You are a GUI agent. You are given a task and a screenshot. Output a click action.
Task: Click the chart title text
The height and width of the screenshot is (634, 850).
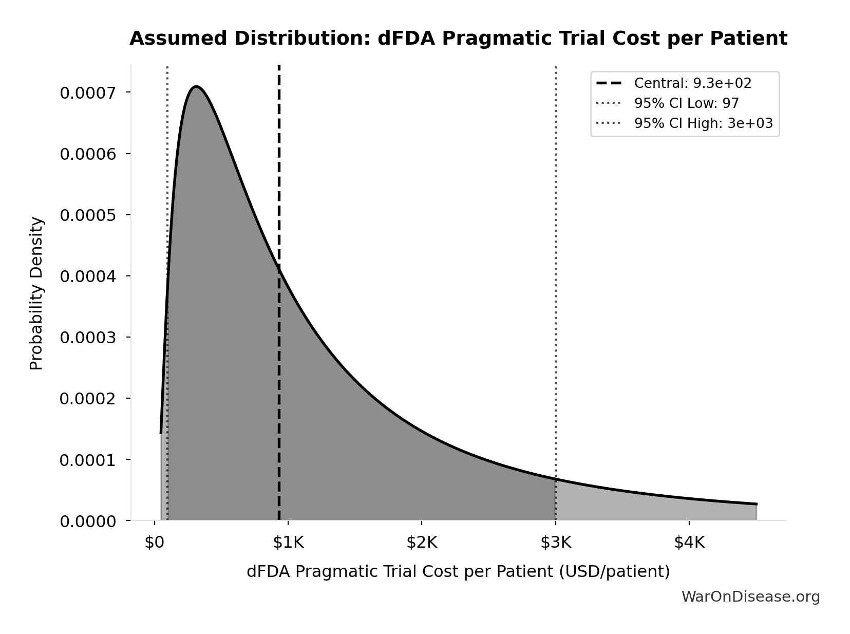tap(458, 39)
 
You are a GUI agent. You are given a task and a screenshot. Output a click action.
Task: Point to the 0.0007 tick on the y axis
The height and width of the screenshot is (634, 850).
tap(88, 93)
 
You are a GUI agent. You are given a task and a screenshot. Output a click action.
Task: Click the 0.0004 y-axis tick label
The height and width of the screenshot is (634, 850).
tap(88, 276)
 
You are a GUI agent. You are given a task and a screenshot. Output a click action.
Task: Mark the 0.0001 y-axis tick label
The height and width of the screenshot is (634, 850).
tap(88, 460)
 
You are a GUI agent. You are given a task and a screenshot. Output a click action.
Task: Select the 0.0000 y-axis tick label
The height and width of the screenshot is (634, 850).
tap(88, 521)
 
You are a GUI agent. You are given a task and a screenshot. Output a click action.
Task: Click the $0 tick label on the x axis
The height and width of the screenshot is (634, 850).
tap(154, 543)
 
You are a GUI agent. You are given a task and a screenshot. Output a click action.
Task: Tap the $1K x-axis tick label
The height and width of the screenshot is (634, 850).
tap(288, 543)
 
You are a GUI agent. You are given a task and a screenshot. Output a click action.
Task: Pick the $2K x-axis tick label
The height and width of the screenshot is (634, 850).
tap(422, 543)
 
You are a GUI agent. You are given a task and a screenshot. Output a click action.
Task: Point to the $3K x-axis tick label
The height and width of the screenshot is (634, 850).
tap(555, 543)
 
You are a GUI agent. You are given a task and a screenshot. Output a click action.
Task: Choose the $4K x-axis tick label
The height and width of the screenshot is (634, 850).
tap(689, 543)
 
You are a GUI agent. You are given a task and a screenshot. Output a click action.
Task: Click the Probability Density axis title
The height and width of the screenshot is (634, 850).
tap(36, 293)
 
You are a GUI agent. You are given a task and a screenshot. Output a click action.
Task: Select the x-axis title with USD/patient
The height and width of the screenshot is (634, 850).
tap(458, 571)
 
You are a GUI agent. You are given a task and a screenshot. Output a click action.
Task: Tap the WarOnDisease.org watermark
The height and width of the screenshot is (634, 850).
tap(750, 596)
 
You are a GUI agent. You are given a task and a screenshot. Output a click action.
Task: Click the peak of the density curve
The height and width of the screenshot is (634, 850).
tap(196, 87)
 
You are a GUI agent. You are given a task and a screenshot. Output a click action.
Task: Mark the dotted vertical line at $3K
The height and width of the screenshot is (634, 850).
tap(556, 257)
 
